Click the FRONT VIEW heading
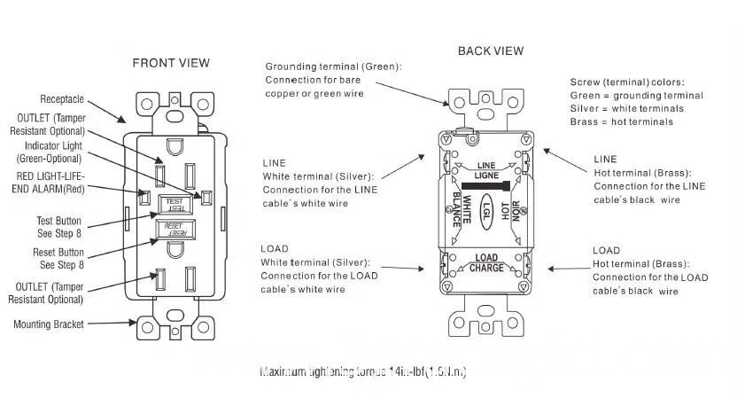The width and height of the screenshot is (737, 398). click(171, 63)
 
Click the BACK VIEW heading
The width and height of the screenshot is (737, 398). click(491, 51)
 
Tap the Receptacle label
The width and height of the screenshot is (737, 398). click(61, 99)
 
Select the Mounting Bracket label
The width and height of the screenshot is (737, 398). click(49, 324)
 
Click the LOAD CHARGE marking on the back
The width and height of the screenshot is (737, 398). click(486, 263)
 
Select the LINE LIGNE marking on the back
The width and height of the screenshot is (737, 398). click(486, 170)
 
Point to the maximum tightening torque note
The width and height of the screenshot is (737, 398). click(363, 372)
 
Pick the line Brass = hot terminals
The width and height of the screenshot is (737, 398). click(621, 121)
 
